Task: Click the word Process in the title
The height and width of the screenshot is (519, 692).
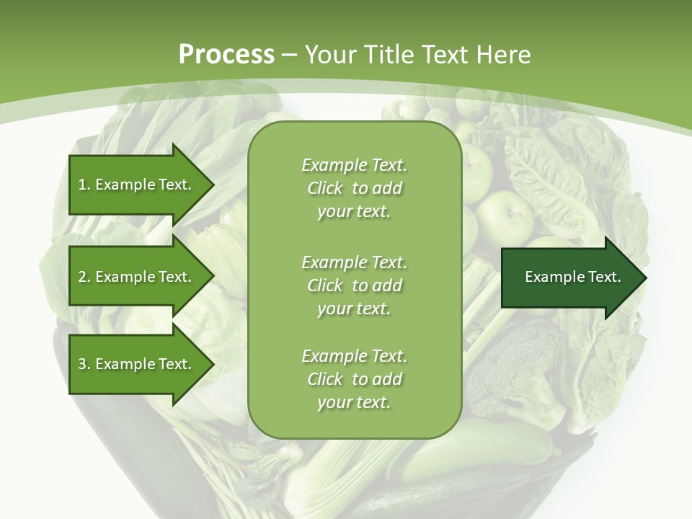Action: tap(226, 54)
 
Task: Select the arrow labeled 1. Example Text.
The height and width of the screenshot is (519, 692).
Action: tap(137, 185)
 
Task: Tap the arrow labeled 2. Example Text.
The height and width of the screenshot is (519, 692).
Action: tap(137, 277)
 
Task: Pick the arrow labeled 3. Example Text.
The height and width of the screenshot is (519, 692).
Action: tap(137, 364)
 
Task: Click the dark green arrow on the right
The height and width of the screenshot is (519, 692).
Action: tap(573, 278)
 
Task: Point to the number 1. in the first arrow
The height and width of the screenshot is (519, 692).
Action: tap(84, 185)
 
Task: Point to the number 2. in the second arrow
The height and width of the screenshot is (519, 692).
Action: tap(84, 277)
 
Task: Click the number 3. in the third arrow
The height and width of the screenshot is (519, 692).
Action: tap(84, 364)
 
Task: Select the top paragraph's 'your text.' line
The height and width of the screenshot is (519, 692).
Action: tap(354, 212)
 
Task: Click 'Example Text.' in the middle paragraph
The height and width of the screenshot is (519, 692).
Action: tap(354, 262)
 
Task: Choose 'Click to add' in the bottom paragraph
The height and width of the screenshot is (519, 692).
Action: tap(354, 379)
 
